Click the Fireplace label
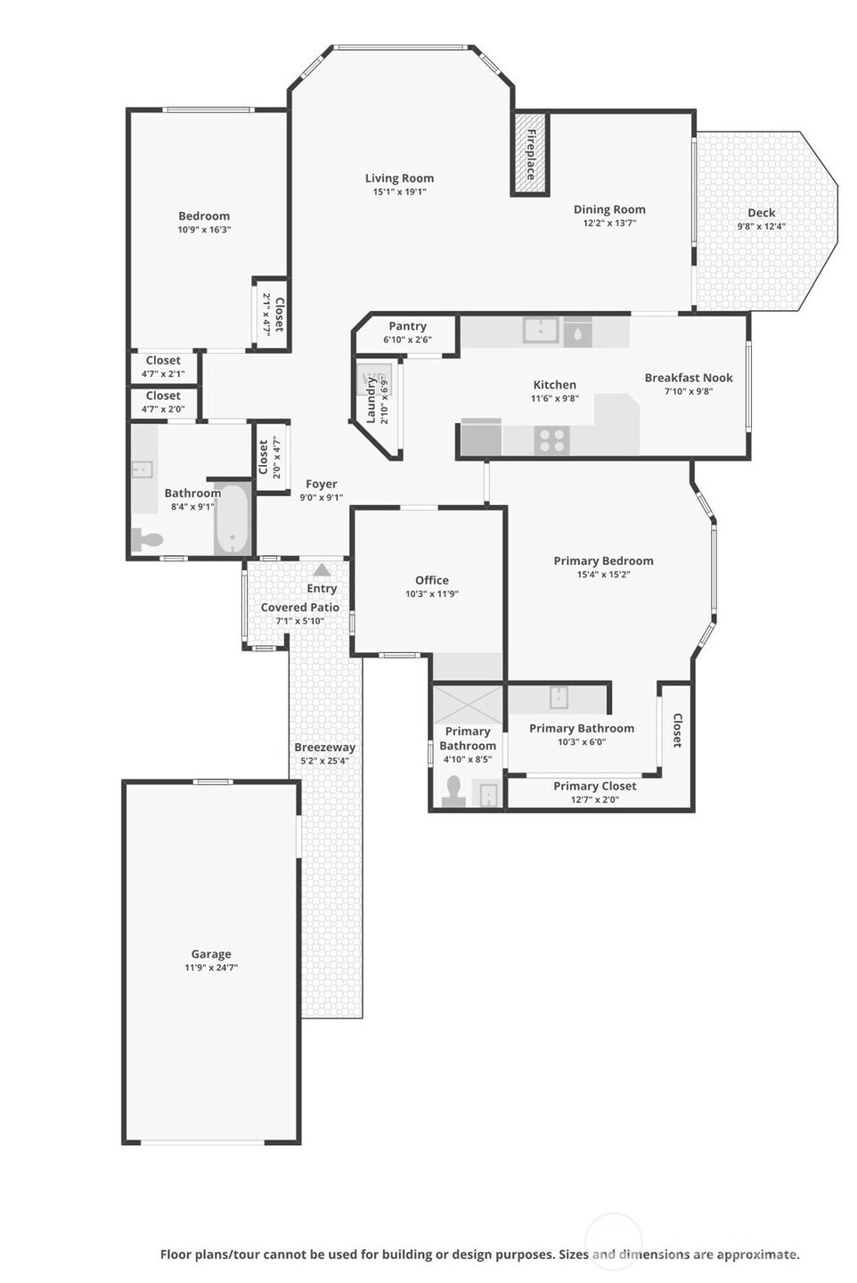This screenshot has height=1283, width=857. (x=530, y=154)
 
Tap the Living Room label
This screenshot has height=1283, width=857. (x=399, y=178)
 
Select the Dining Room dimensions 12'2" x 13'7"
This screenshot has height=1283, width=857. (x=609, y=224)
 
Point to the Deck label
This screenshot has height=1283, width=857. (x=762, y=212)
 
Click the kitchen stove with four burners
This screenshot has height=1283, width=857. (x=552, y=440)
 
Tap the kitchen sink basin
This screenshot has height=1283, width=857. (x=540, y=331)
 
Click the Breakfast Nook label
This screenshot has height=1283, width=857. (x=689, y=378)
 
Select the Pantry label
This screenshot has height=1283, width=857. (x=407, y=326)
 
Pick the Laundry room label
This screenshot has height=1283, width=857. (x=371, y=400)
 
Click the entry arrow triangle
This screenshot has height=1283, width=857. (x=322, y=569)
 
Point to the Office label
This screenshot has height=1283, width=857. (x=432, y=580)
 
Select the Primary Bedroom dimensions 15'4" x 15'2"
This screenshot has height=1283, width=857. (x=604, y=575)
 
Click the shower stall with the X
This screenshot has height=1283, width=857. (x=468, y=705)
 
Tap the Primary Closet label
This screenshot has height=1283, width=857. (x=594, y=787)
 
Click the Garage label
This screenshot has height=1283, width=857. (x=211, y=953)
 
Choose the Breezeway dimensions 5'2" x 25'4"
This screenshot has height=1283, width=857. (x=325, y=761)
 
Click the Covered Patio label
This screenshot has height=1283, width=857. (x=299, y=607)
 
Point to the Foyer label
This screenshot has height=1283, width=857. (x=322, y=484)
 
